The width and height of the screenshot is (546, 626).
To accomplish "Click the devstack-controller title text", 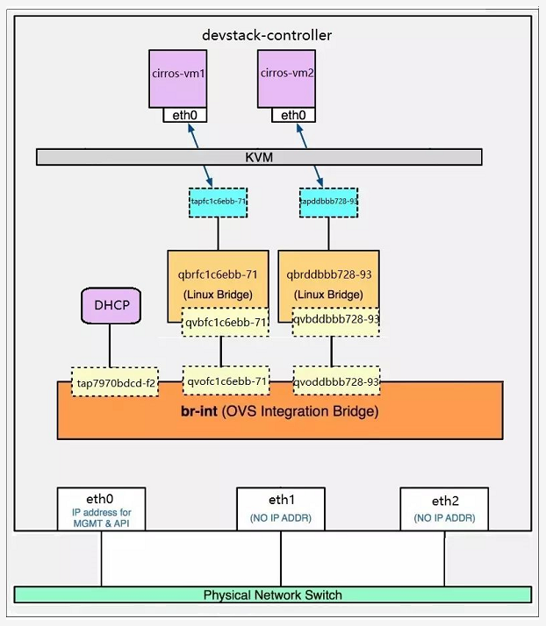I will pos(267,36).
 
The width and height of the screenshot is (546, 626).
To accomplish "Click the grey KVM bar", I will pos(259,157).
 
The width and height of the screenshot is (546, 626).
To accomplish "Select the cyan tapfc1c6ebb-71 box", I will pos(219,201).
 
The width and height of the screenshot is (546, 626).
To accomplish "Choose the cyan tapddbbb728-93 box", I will pos(327,201).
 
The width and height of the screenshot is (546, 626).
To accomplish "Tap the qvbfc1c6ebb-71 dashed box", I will pos(225,322).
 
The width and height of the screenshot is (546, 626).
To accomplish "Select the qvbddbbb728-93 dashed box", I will pos(336,321).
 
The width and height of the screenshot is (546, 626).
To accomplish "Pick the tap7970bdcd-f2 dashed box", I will pos(115,382).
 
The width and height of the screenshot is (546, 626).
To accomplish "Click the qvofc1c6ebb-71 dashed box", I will pos(225,381).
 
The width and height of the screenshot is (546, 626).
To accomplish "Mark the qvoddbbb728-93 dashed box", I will pos(336,381).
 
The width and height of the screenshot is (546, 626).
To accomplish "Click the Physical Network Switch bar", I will pos(272,594).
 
